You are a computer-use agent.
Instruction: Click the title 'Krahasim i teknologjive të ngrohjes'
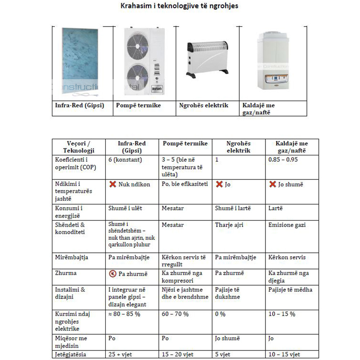pos(179,6)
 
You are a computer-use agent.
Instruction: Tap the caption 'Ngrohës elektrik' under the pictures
pos(204,105)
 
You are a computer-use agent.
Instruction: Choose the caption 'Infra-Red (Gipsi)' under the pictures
pos(79,105)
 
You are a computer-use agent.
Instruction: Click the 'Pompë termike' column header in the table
pos(185,144)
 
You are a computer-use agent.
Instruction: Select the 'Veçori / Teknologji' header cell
pos(78,147)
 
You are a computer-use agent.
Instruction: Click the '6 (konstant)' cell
pos(125,159)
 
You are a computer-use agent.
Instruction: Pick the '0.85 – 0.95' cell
pos(283,159)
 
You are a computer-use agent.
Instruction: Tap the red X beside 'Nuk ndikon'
pos(113,184)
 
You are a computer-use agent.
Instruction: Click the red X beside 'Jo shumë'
pos(273,184)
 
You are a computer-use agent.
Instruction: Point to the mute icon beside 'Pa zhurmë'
pos(113,274)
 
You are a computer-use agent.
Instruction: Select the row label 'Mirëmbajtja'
pos(72,257)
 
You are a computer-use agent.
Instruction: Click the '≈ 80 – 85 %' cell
pos(124,314)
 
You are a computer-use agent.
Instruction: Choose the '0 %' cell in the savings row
pos(220,314)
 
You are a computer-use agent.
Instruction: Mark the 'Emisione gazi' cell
pos(287,225)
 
